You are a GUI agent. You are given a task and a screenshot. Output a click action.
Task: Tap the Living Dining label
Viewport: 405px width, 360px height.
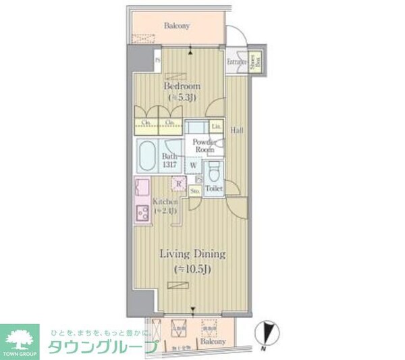pos(192,254)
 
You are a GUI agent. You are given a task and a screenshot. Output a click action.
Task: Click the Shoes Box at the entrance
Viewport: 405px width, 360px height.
pos(258,61)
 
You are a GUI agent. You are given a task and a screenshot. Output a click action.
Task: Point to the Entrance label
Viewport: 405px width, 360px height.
pos(236,62)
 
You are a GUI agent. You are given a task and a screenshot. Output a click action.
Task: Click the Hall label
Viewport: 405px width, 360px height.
pos(237,129)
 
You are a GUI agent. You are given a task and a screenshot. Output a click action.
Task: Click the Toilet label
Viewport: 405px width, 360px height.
pos(214,189)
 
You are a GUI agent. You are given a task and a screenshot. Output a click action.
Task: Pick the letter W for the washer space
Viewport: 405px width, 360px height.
pos(193,164)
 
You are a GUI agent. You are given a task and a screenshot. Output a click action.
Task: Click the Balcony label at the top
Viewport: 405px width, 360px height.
pos(177,26)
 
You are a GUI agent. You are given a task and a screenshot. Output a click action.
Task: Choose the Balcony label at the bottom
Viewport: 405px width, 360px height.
pos(213,342)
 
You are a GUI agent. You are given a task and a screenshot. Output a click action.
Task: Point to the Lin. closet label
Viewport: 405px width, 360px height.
pos(217,126)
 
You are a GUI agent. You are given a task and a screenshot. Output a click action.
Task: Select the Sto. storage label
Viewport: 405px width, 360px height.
pos(194,191)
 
